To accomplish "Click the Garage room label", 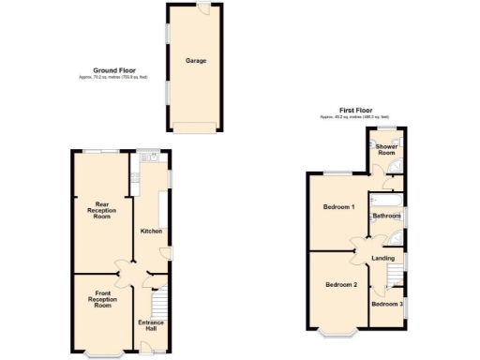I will coord(195,61).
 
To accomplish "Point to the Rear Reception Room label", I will coord(102,211).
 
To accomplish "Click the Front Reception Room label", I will coord(102,301).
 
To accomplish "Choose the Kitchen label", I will coord(151,231).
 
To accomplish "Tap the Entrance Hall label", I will coord(151,325).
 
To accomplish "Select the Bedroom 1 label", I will coord(338,206).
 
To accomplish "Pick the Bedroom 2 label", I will coord(340,284).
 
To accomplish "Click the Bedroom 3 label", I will coord(386,304).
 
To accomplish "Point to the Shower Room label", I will coord(386,150).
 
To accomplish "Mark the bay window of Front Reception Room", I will coord(102,354).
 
